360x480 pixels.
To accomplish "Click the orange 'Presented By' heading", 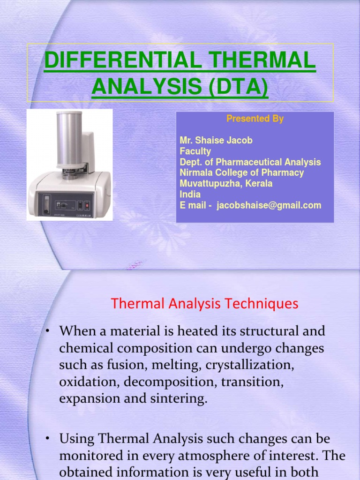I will (x=255, y=119).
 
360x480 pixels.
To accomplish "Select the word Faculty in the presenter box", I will (x=195, y=151).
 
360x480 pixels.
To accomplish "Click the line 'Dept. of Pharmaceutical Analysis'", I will (x=250, y=162).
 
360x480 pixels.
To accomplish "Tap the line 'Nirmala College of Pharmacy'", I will (x=242, y=173).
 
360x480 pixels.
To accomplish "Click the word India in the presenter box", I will (x=190, y=195).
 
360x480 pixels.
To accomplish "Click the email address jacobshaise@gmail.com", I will (x=269, y=205).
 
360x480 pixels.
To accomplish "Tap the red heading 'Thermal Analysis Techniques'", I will (x=204, y=304).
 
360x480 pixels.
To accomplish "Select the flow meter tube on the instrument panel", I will (x=46, y=205).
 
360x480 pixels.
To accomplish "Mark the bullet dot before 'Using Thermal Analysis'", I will (x=48, y=439).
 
